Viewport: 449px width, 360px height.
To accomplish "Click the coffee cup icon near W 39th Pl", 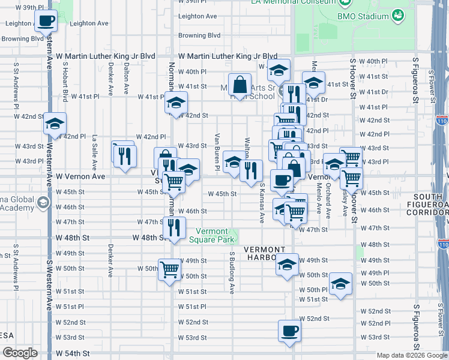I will point(46,21).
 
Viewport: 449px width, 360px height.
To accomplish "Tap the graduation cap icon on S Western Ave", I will point(55,124).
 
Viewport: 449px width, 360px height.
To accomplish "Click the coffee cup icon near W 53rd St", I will point(290,331).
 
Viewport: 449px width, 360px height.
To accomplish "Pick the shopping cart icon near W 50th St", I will point(170,269).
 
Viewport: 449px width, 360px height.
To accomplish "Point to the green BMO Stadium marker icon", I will point(397,15).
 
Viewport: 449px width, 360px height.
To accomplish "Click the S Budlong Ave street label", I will point(232,272).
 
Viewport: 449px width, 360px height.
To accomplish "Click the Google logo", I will point(20,353).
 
